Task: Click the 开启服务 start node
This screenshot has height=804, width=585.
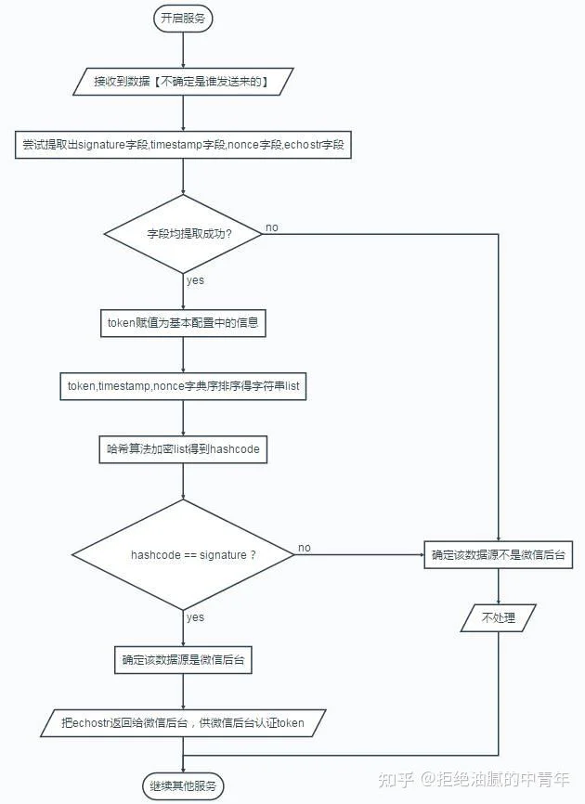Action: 183,19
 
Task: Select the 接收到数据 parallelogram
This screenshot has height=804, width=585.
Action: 183,81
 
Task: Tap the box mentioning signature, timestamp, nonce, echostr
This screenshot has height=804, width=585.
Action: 183,145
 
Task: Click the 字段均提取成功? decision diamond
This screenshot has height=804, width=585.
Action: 183,234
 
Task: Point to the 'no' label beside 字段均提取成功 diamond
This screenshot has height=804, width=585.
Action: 272,227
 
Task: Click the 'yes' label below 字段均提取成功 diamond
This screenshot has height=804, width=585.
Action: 195,280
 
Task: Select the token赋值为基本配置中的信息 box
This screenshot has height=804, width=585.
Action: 183,322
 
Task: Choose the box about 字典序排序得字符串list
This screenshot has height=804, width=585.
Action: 183,386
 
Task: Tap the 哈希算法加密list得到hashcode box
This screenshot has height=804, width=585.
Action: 183,449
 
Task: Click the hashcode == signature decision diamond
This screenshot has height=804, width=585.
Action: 183,555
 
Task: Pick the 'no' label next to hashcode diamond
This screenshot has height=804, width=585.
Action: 305,548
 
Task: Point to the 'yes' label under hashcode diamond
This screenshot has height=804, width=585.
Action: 195,617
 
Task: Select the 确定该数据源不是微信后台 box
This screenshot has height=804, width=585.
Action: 499,555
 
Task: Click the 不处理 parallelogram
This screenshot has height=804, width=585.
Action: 499,618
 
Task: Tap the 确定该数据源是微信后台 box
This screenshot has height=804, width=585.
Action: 183,660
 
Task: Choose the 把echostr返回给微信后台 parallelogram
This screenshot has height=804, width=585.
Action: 183,723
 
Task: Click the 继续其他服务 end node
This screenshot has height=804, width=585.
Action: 183,786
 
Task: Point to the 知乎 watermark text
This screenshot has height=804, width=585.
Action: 396,780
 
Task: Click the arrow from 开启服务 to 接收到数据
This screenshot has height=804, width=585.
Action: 183,50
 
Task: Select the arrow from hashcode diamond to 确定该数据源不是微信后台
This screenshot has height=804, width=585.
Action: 359,555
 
